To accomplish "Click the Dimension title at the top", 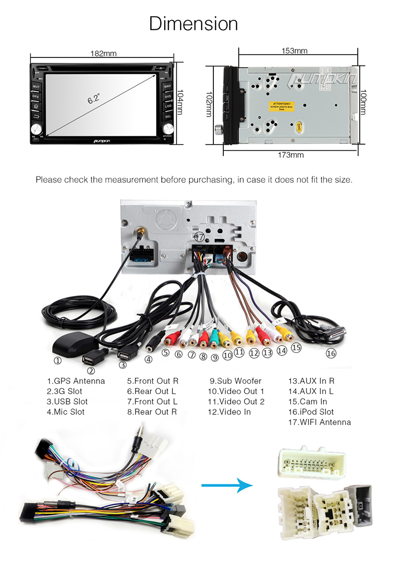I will pos(194,23).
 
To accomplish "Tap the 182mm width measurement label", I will pos(103,54).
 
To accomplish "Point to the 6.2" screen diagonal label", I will pos(94,99).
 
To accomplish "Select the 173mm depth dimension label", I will pos(290,155).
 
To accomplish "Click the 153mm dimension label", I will pos(294,51).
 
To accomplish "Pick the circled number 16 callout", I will pos(331,353).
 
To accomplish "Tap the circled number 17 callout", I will pos(199,237).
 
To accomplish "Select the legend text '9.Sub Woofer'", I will pos(235,381).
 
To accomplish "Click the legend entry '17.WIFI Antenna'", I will pos(319,422).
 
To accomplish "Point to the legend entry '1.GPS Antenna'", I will pos(76,381).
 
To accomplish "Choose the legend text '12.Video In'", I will pos(229,412).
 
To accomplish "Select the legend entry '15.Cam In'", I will pos(308,402).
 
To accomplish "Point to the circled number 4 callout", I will pos(148,360).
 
